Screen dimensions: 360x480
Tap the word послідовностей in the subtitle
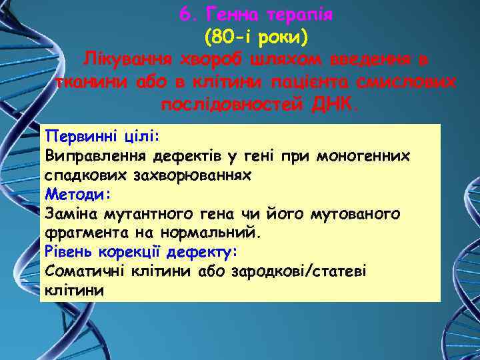pos(231,104)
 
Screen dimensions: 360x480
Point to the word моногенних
pos(373,155)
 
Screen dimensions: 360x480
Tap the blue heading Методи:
pos(77,194)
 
